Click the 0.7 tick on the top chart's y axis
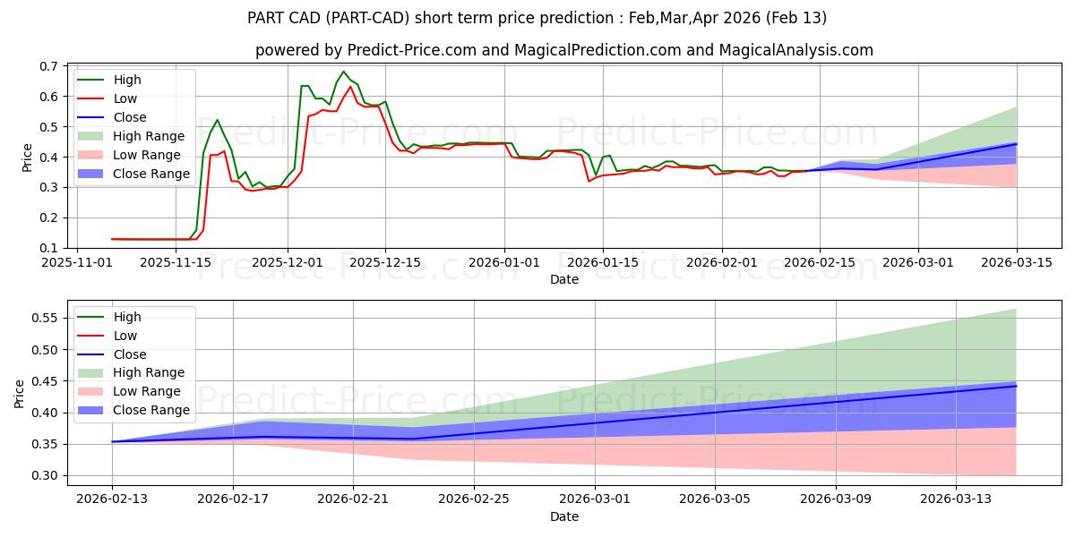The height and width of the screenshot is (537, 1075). pyautogui.click(x=49, y=66)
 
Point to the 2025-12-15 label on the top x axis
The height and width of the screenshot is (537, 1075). pyautogui.click(x=385, y=262)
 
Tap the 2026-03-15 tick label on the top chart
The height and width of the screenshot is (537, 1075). pyautogui.click(x=1016, y=262)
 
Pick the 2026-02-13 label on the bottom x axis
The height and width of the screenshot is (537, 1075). pyautogui.click(x=112, y=499)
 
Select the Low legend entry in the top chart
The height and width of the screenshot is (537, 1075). pyautogui.click(x=126, y=98)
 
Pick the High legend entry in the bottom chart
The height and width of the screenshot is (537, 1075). pyautogui.click(x=127, y=317)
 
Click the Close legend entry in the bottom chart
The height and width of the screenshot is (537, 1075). pyautogui.click(x=130, y=354)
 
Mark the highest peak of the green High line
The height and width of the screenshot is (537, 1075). pyautogui.click(x=343, y=72)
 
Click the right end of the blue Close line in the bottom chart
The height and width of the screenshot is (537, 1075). pyautogui.click(x=1016, y=386)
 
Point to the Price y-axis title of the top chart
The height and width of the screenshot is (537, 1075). pyautogui.click(x=27, y=157)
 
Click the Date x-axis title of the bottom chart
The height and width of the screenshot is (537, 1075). pyautogui.click(x=564, y=516)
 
